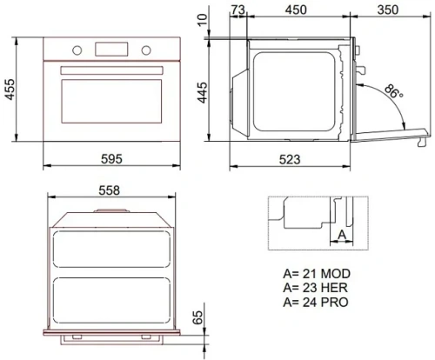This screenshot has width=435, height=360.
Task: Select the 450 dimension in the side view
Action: tap(298, 10)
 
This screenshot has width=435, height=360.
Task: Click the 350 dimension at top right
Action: tap(389, 10)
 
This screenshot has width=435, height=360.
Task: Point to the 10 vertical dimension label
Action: tap(202, 19)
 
